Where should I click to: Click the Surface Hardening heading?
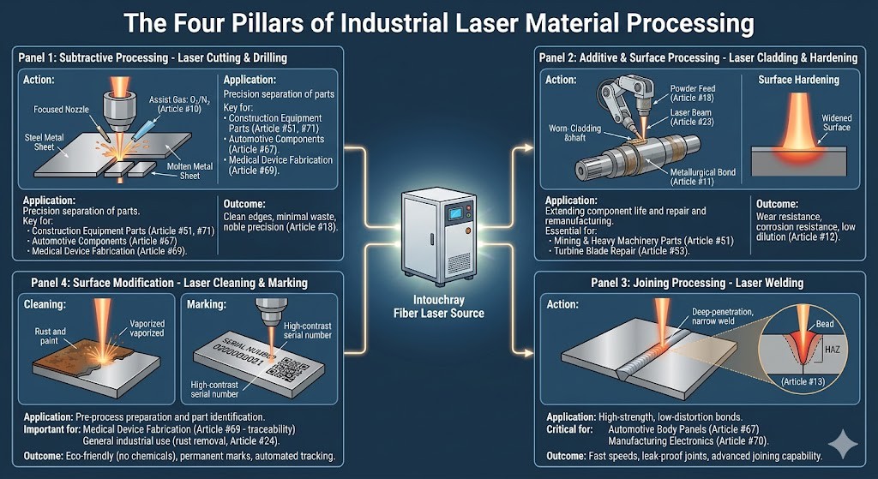click(799, 80)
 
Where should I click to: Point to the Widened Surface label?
click(836, 123)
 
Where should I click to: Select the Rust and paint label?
click(49, 337)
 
